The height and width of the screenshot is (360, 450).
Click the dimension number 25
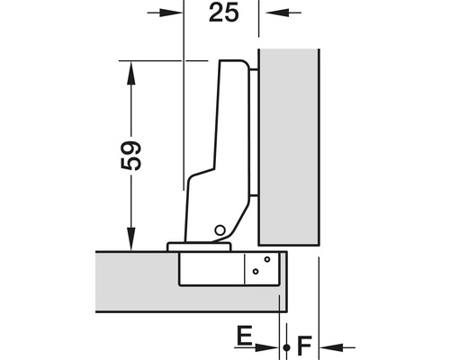pyautogui.click(x=224, y=13)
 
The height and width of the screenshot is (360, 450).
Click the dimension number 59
pyautogui.click(x=131, y=156)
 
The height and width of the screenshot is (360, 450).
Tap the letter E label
pyautogui.click(x=245, y=335)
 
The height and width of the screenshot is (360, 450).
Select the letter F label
pyautogui.click(x=304, y=346)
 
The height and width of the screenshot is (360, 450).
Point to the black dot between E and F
pyautogui.click(x=286, y=347)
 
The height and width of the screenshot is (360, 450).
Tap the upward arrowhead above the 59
pyautogui.click(x=131, y=73)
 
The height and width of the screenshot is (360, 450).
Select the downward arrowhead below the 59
pyautogui.click(x=131, y=238)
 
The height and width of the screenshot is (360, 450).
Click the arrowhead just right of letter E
pyautogui.click(x=267, y=347)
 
